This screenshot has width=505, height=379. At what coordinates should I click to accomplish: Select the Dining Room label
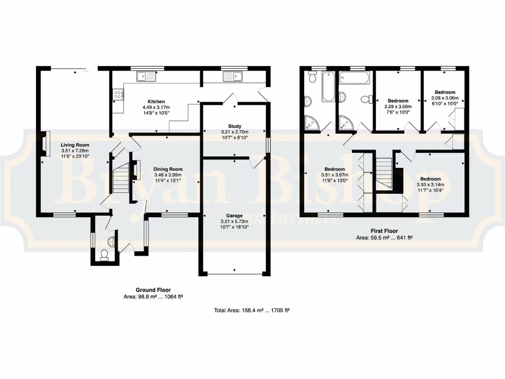tap(168, 169)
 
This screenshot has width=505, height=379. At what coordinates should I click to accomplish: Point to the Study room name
tap(234, 126)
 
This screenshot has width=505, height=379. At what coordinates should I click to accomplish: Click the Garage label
tap(234, 216)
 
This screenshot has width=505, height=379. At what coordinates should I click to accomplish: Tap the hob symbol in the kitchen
tap(118, 94)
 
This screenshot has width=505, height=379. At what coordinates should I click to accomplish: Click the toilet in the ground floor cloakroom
tap(104, 254)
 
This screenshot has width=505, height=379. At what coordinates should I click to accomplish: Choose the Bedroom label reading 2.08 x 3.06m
tap(445, 92)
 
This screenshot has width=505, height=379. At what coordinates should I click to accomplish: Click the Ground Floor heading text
tap(153, 290)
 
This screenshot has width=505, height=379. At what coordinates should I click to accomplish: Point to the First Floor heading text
tap(384, 231)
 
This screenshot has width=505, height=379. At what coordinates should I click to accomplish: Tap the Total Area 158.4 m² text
tap(252, 310)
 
